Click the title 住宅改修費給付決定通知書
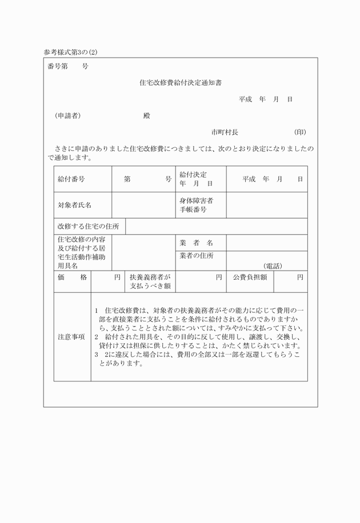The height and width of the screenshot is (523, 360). [x=180, y=83]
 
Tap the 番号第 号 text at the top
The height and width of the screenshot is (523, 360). [x=68, y=66]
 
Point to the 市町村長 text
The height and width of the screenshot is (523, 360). [x=225, y=132]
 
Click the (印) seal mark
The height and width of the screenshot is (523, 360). [x=300, y=132]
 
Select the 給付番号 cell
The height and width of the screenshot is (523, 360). [x=71, y=179]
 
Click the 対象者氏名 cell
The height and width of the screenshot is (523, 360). [x=74, y=205]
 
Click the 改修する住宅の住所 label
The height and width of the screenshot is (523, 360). [x=88, y=227]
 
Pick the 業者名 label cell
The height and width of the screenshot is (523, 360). [x=196, y=243]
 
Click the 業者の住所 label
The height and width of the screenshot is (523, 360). [x=196, y=255]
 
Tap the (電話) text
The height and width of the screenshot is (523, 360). [x=273, y=266]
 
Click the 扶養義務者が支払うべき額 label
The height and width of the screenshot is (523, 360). [x=150, y=281]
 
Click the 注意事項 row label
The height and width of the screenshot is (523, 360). [x=71, y=337]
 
